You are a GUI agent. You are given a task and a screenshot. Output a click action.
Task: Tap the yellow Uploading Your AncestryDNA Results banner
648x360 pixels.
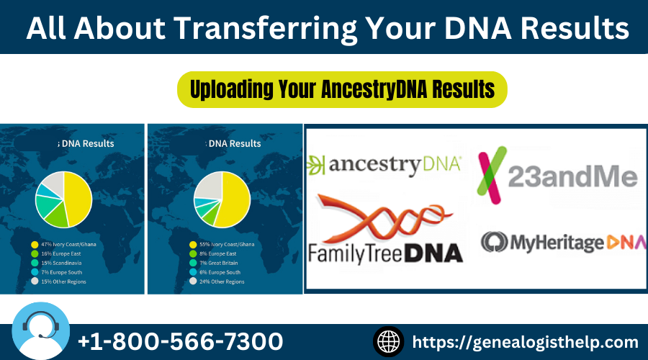342,89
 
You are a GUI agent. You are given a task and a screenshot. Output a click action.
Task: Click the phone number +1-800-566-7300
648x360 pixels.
179,341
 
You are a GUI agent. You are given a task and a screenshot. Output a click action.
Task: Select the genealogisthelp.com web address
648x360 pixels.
526,341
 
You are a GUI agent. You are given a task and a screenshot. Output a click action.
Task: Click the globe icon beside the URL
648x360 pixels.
389,341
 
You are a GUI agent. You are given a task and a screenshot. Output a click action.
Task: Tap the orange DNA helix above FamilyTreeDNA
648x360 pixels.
374,220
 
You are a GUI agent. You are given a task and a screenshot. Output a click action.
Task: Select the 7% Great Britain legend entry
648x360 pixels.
220,264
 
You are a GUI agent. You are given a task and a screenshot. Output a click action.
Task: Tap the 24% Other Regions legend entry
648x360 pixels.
221,282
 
